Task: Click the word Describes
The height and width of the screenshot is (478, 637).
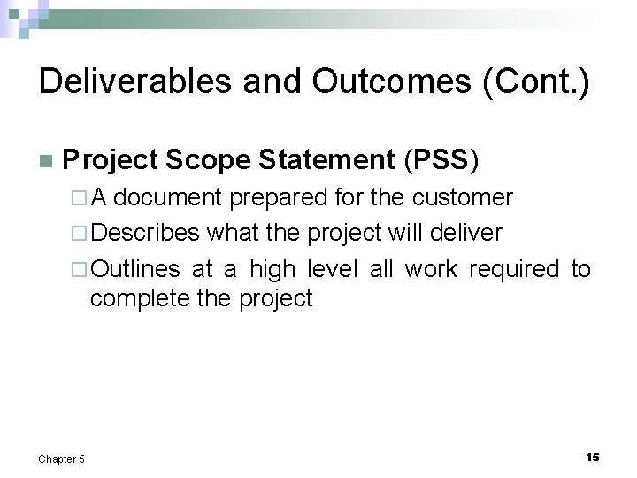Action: click(145, 233)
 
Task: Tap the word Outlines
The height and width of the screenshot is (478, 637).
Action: click(136, 268)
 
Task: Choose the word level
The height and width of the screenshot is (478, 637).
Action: click(332, 268)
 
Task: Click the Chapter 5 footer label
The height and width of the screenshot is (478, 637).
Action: click(62, 458)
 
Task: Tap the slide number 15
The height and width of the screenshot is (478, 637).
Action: click(592, 456)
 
